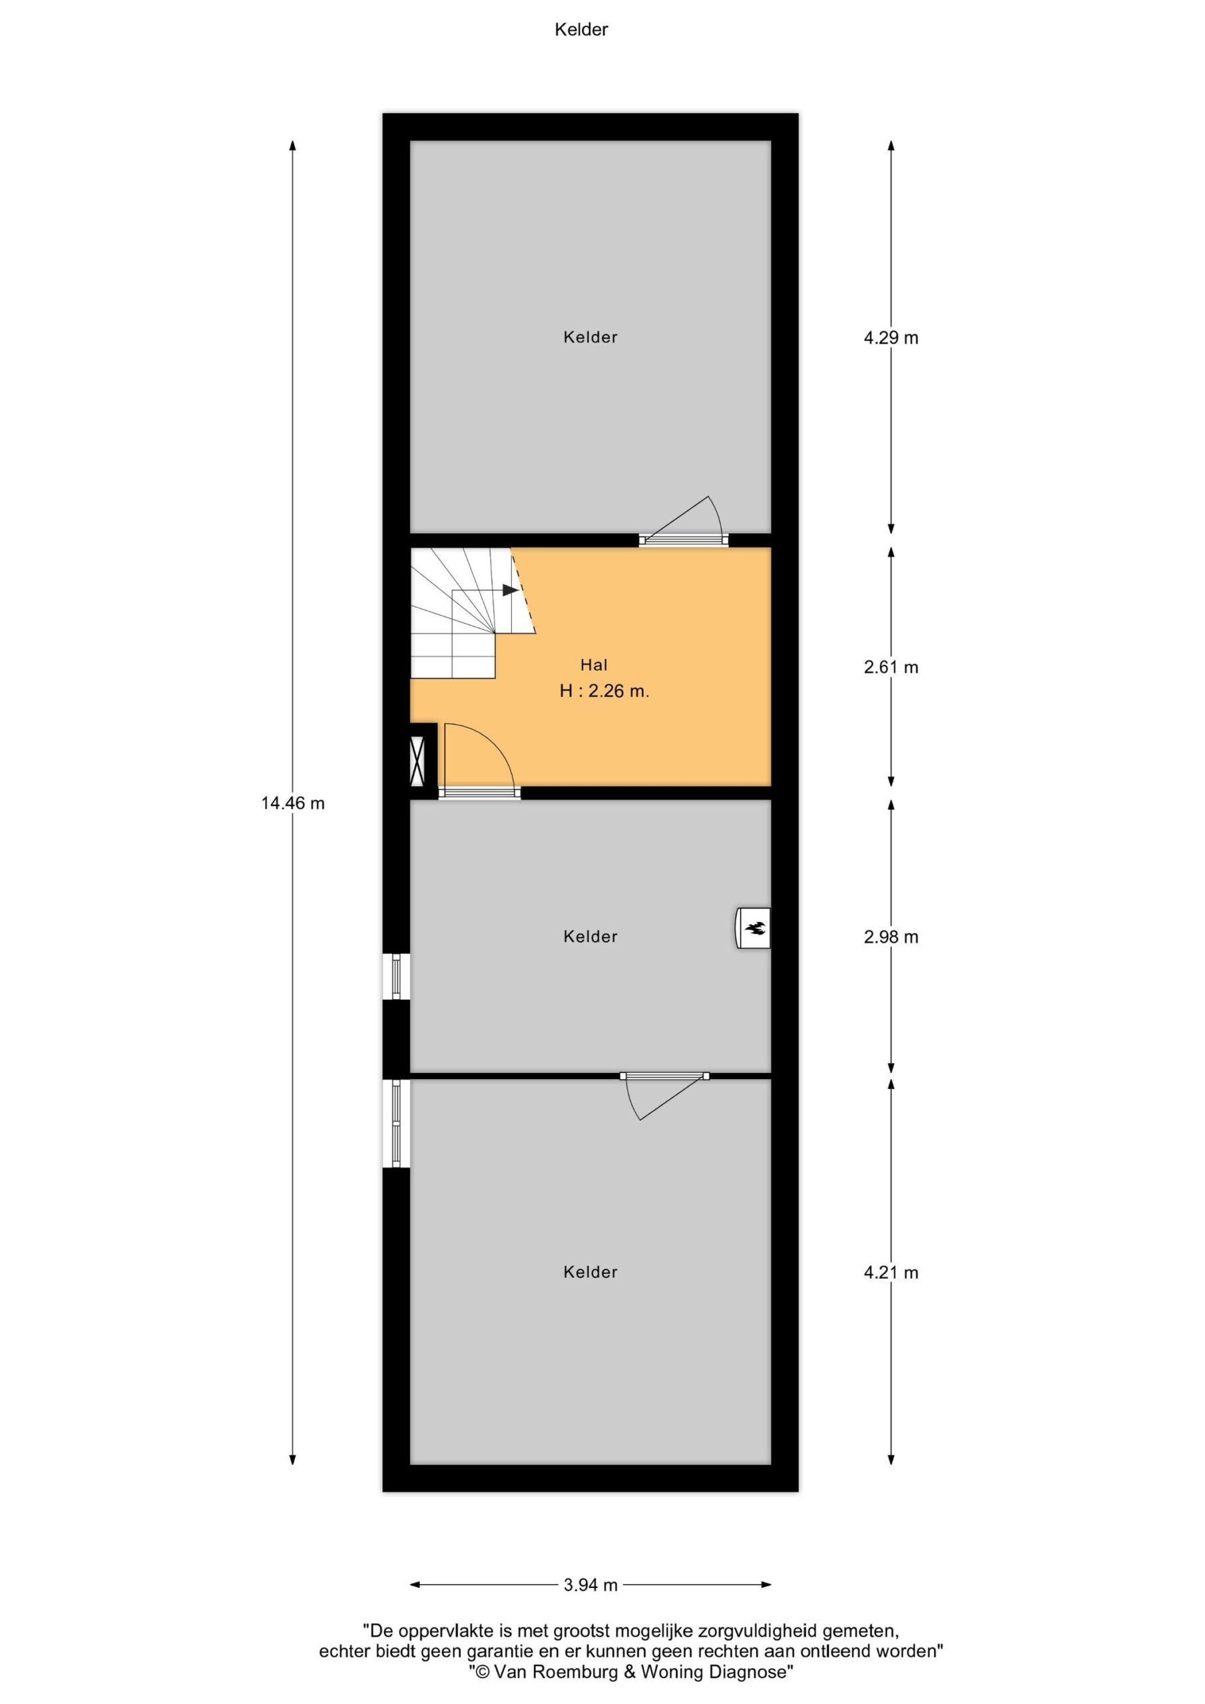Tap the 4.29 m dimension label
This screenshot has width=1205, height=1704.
[890, 337]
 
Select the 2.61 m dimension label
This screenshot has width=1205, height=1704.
[890, 667]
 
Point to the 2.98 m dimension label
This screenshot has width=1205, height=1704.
[890, 937]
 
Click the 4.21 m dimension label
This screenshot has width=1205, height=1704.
[890, 1272]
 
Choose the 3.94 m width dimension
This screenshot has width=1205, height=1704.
[591, 1584]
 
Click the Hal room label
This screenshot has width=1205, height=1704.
[594, 665]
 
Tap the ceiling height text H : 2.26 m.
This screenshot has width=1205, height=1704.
[604, 691]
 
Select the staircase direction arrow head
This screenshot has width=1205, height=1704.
[510, 590]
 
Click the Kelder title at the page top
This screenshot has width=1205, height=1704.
[581, 30]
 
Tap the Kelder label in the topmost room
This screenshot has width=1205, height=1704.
[591, 337]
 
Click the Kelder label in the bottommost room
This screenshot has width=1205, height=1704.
[591, 1272]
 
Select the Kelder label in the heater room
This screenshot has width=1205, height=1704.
[591, 937]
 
